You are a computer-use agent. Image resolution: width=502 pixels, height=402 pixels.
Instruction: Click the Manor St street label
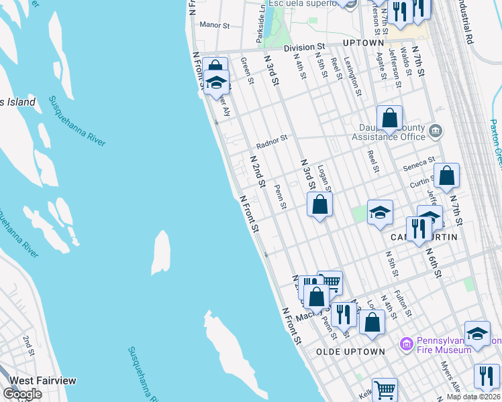[x=215, y=25]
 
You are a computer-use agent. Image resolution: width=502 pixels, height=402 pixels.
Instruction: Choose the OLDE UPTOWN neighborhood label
[x=350, y=351]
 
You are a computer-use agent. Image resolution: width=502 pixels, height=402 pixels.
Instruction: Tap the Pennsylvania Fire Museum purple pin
[x=405, y=344]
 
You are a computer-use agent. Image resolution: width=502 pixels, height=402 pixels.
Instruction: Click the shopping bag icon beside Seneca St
[x=446, y=177]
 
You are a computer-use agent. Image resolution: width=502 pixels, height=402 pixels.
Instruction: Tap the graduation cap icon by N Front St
[x=216, y=83]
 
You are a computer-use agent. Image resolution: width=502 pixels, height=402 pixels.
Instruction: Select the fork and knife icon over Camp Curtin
[x=419, y=230]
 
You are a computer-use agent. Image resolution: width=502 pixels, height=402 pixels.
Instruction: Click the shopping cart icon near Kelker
[x=385, y=390]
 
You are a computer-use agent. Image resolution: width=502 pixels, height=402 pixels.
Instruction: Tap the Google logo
[x=22, y=394]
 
